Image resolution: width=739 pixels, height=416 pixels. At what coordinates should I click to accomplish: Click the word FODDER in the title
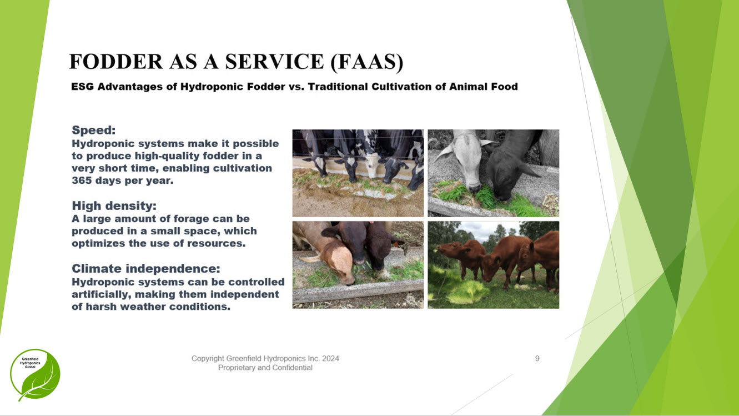116,61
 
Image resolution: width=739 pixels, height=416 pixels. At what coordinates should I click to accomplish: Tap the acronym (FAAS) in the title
367,62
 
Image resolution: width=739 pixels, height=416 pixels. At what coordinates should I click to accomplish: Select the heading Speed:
94,130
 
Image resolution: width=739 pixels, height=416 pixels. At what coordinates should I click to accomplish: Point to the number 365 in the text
82,181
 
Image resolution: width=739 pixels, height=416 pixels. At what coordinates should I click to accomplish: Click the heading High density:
114,206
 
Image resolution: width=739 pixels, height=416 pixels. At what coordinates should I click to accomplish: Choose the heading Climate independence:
146,268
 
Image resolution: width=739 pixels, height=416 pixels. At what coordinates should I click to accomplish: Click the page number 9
537,358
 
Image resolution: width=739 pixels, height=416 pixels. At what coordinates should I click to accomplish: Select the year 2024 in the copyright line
330,358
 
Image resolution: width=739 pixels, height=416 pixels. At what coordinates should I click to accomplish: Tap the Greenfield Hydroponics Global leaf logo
35,375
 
